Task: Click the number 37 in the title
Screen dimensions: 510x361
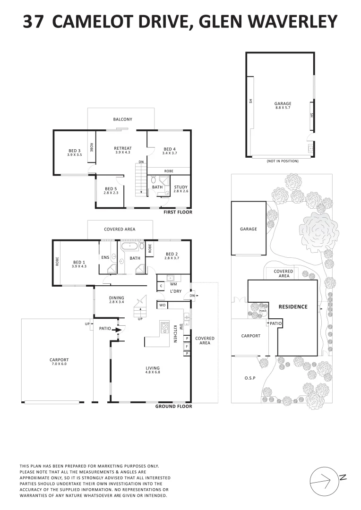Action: tap(34, 22)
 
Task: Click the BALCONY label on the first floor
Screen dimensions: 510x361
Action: tap(122, 119)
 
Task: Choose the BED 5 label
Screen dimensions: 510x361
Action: tap(111, 190)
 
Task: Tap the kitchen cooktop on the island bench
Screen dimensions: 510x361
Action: tap(165, 326)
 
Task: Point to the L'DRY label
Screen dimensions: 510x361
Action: tap(176, 291)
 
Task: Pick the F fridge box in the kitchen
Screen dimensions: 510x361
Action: tap(187, 346)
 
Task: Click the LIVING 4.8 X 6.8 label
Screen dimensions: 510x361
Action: tap(153, 370)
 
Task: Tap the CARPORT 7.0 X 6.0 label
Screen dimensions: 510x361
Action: tap(59, 361)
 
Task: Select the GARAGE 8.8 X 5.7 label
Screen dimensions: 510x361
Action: tap(283, 105)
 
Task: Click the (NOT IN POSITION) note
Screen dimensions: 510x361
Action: tap(283, 161)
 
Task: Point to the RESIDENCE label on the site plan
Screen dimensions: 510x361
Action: tap(293, 306)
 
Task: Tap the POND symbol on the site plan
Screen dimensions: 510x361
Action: tap(263, 311)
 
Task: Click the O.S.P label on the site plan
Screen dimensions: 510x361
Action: tap(249, 378)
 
